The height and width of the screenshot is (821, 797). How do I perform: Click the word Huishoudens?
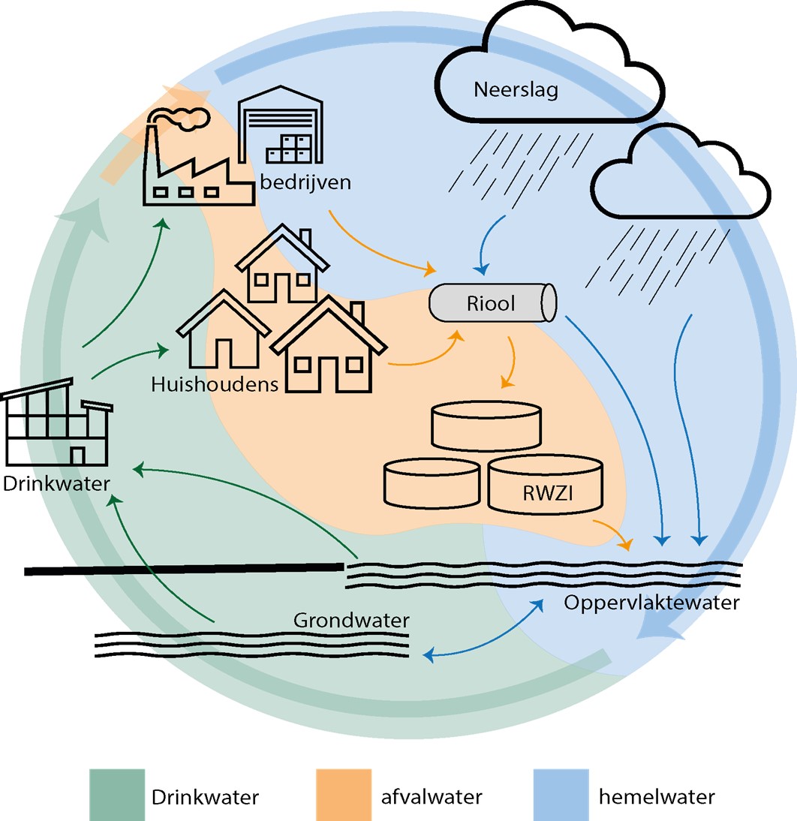[215, 385]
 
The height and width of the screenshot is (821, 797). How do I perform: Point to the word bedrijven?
[305, 182]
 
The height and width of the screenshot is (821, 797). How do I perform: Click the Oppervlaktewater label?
[651, 602]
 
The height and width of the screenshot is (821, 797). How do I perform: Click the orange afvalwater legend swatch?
[343, 795]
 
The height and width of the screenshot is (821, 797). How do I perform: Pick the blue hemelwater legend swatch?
[561, 795]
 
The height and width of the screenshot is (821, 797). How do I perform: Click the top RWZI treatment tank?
[486, 425]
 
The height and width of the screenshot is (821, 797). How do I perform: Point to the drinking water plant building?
[56, 424]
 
